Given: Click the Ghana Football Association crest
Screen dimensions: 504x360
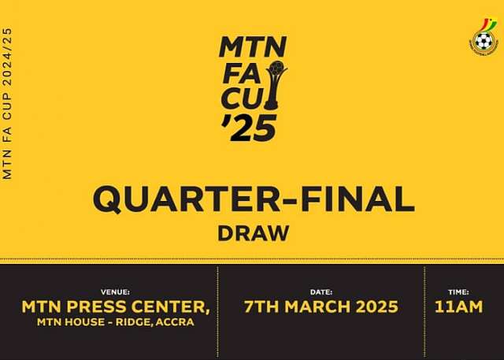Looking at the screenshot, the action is pyautogui.click(x=484, y=37).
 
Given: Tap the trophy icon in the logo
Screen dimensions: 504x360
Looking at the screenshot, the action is pyautogui.click(x=276, y=85).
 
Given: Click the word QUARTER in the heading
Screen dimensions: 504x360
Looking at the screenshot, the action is pyautogui.click(x=187, y=199).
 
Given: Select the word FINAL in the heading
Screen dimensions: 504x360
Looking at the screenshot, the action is pyautogui.click(x=358, y=199).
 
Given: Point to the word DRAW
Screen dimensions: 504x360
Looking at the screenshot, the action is pyautogui.click(x=254, y=233).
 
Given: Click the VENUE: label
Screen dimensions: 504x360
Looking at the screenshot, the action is pyautogui.click(x=115, y=292).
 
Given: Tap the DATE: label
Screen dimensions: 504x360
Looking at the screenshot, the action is pyautogui.click(x=321, y=292).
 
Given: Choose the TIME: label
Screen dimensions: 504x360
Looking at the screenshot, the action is pyautogui.click(x=458, y=292).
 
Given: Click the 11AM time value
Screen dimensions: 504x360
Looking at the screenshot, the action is pyautogui.click(x=458, y=306).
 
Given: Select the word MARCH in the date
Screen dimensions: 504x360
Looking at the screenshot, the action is pyautogui.click(x=317, y=306).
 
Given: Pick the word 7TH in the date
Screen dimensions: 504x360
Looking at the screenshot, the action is pyautogui.click(x=261, y=306).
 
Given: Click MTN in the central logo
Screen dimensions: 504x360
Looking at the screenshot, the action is pyautogui.click(x=253, y=47).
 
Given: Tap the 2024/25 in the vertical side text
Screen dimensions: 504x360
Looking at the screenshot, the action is pyautogui.click(x=7, y=58).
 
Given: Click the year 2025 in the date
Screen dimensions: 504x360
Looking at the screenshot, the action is pyautogui.click(x=377, y=306).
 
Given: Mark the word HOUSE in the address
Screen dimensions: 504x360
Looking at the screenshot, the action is pyautogui.click(x=84, y=322).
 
